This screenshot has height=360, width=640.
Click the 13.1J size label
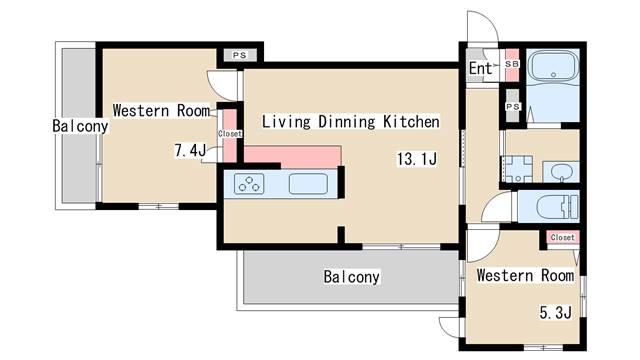(417, 158)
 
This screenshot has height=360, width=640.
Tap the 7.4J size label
(190, 151)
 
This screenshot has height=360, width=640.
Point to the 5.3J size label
(556, 313)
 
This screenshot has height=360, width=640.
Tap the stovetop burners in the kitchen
(249, 183)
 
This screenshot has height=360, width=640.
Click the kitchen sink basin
(308, 184)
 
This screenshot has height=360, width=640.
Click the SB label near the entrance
(512, 64)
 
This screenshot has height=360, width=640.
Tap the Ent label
(480, 68)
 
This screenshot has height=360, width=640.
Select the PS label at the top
(240, 55)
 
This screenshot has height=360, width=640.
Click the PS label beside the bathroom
(513, 107)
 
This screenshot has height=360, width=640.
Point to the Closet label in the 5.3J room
(562, 237)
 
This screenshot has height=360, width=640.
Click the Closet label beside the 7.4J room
(230, 133)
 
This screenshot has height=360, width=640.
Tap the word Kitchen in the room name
(411, 122)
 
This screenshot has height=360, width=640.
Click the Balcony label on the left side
(80, 126)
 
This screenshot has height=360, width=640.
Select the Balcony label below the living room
(351, 277)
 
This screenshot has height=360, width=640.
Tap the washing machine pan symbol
(518, 169)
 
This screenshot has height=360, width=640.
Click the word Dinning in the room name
(347, 122)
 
